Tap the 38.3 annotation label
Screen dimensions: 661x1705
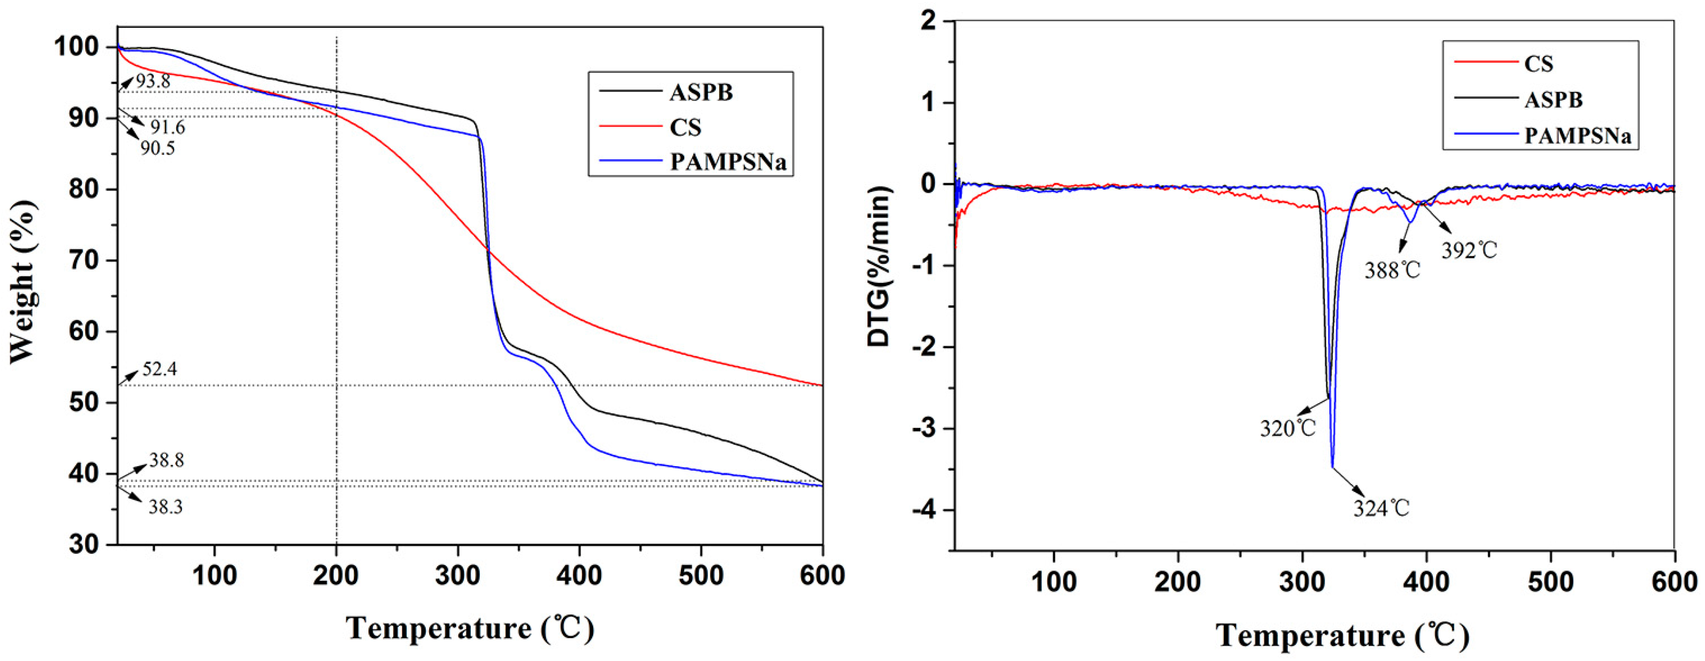[x=165, y=508]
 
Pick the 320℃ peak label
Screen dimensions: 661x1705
[x=1287, y=429]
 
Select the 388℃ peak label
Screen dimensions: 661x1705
[x=1392, y=270]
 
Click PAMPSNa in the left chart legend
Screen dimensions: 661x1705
[x=727, y=162]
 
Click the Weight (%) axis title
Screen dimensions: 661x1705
[x=24, y=281]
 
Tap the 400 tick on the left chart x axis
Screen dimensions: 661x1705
[x=579, y=576]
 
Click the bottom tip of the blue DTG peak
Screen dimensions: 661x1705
[x=1332, y=467]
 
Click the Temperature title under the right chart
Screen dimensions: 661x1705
[x=1342, y=636]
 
